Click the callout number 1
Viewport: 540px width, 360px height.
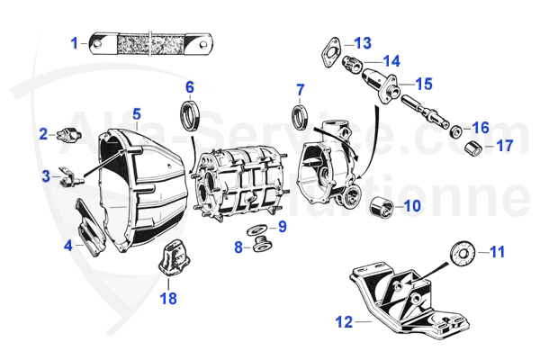[x=76, y=42]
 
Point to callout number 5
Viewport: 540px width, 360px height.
[x=137, y=114]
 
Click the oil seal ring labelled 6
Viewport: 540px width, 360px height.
[x=189, y=117]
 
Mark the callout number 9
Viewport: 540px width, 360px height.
[x=282, y=227]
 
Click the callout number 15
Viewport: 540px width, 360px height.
[x=423, y=85]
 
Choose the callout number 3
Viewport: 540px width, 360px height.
[x=46, y=177]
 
